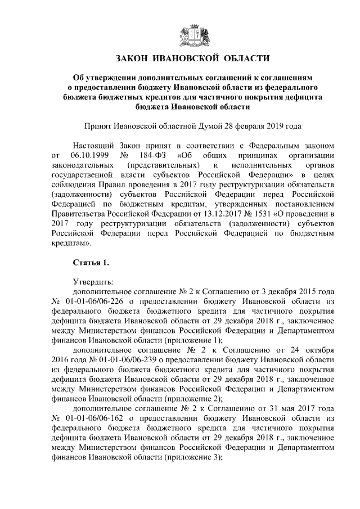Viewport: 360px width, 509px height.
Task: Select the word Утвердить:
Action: coord(93,282)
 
